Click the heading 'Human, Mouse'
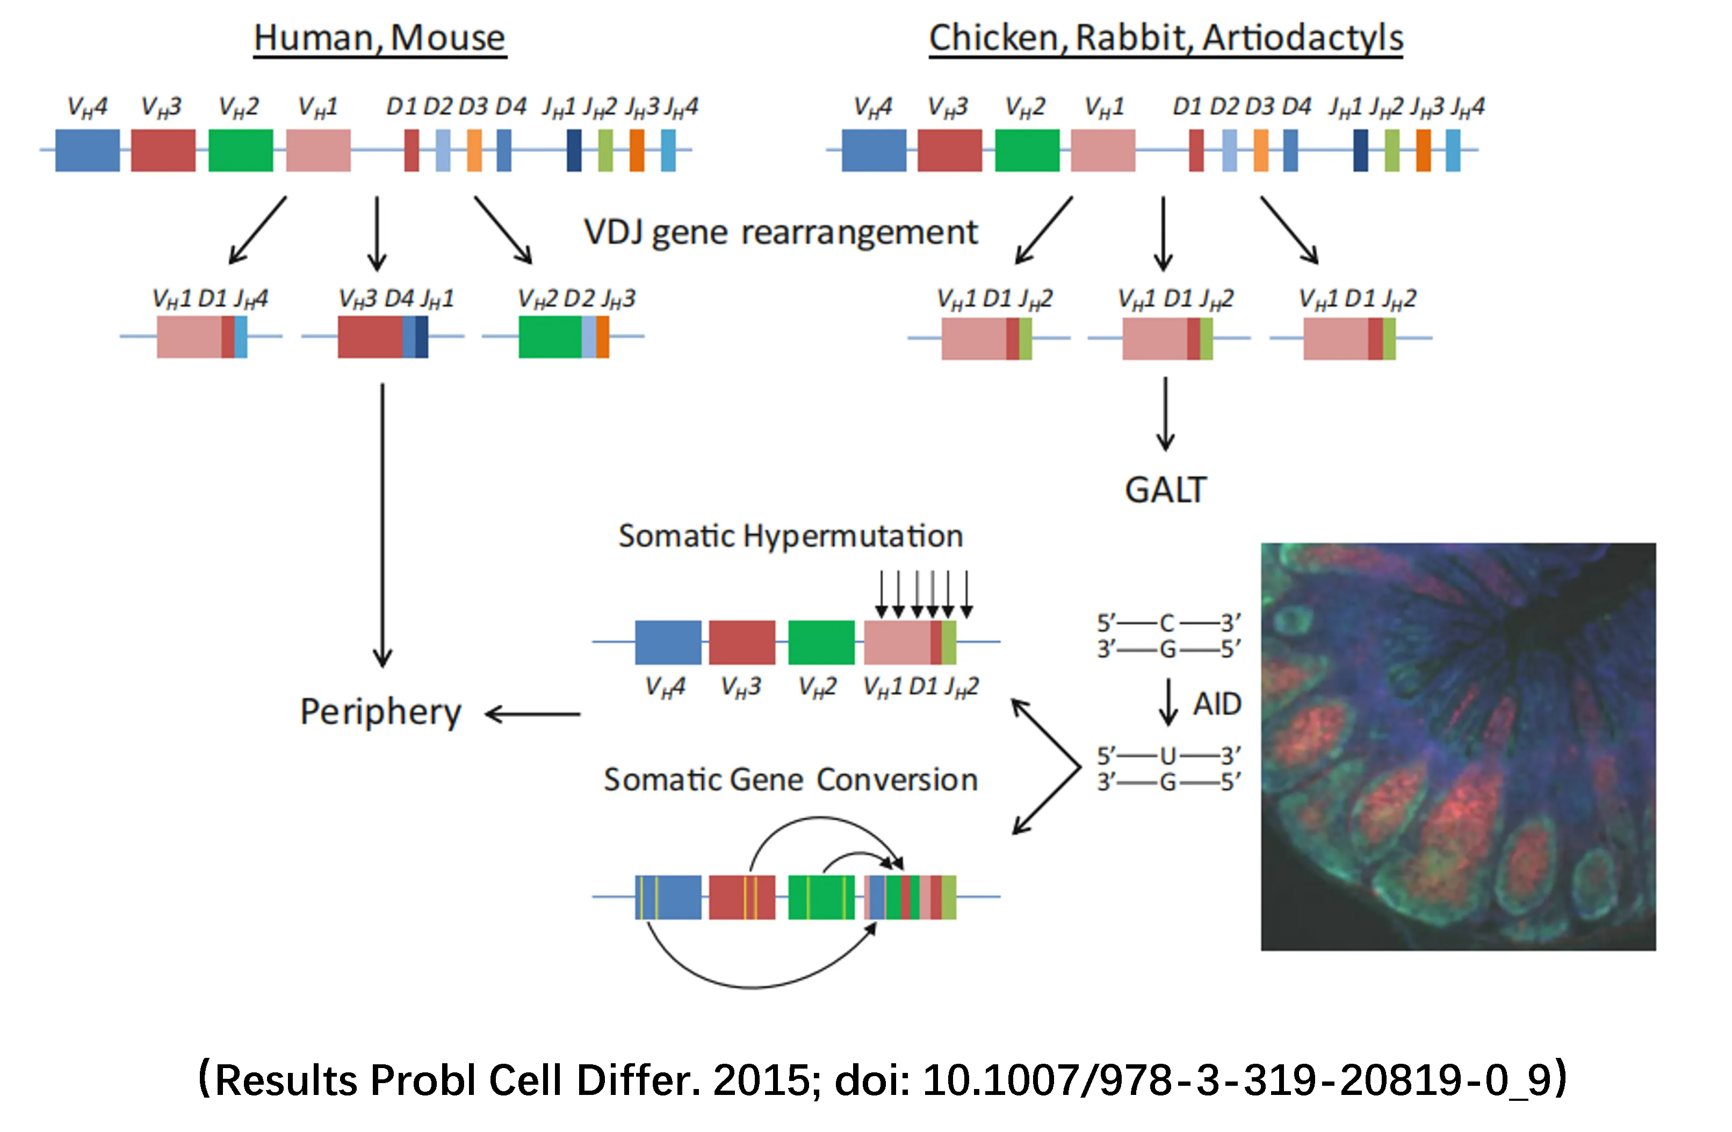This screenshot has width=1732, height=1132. (379, 38)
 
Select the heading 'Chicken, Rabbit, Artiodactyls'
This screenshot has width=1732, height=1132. (1165, 38)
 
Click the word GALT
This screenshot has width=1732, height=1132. (1165, 490)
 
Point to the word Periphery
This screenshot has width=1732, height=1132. (380, 712)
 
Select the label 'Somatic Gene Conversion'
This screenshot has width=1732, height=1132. (790, 780)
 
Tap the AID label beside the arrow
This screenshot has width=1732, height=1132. (1217, 704)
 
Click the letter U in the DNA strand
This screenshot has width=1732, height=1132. (1167, 755)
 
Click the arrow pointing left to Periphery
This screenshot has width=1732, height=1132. (533, 714)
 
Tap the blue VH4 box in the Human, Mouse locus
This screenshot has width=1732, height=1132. (88, 150)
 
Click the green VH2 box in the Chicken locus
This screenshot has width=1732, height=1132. (1027, 150)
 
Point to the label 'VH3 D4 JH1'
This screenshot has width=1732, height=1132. (396, 299)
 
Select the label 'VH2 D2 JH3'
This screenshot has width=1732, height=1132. (576, 299)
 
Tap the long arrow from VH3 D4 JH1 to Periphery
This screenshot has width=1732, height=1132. (382, 524)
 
